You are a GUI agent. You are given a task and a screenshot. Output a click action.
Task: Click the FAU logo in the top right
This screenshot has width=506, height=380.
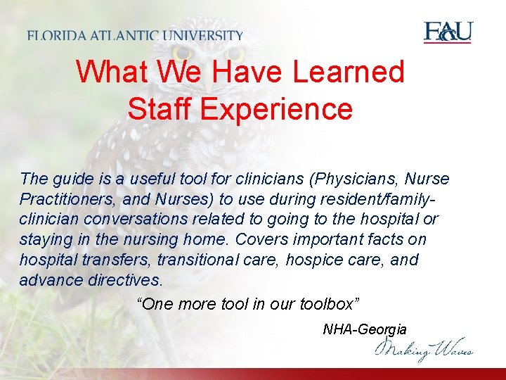click(x=448, y=32)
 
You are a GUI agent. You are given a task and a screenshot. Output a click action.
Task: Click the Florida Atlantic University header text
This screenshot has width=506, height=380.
click(x=136, y=36)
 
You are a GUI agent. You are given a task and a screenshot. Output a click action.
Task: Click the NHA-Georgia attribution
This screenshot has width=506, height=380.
click(x=364, y=329)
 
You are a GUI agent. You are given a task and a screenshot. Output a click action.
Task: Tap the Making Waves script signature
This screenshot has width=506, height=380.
click(x=424, y=348)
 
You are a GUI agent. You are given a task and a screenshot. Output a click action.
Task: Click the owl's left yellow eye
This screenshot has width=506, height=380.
click(x=183, y=53)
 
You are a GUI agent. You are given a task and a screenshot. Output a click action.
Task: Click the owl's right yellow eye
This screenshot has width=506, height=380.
click(x=235, y=53)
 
